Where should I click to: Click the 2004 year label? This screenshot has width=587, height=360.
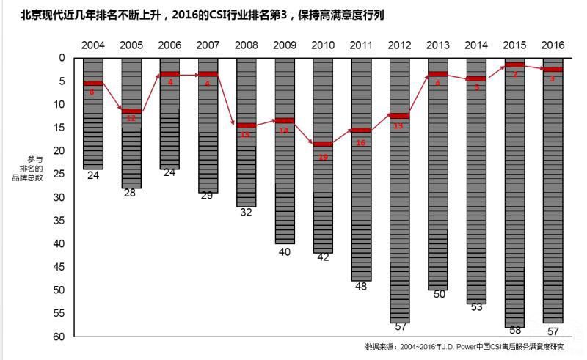93,45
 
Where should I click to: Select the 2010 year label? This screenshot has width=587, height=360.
323,45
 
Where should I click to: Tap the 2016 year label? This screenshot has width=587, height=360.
553,45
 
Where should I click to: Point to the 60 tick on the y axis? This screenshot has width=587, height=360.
60,337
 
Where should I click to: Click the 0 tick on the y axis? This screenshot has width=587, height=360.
62,57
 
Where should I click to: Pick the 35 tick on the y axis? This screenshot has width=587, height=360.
60,220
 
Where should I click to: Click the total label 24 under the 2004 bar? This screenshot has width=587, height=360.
93,175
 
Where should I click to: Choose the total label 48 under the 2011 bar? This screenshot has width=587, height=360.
361,286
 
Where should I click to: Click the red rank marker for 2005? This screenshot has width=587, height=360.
131,111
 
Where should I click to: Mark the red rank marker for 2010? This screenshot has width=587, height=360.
323,144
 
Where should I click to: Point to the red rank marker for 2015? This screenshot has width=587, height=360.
514,65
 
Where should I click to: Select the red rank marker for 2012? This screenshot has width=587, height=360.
399,116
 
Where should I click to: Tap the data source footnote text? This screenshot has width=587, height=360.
464,347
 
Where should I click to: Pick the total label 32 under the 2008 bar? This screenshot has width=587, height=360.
246,212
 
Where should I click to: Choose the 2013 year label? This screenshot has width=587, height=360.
437,45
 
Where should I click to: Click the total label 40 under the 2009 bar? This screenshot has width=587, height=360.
285,251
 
